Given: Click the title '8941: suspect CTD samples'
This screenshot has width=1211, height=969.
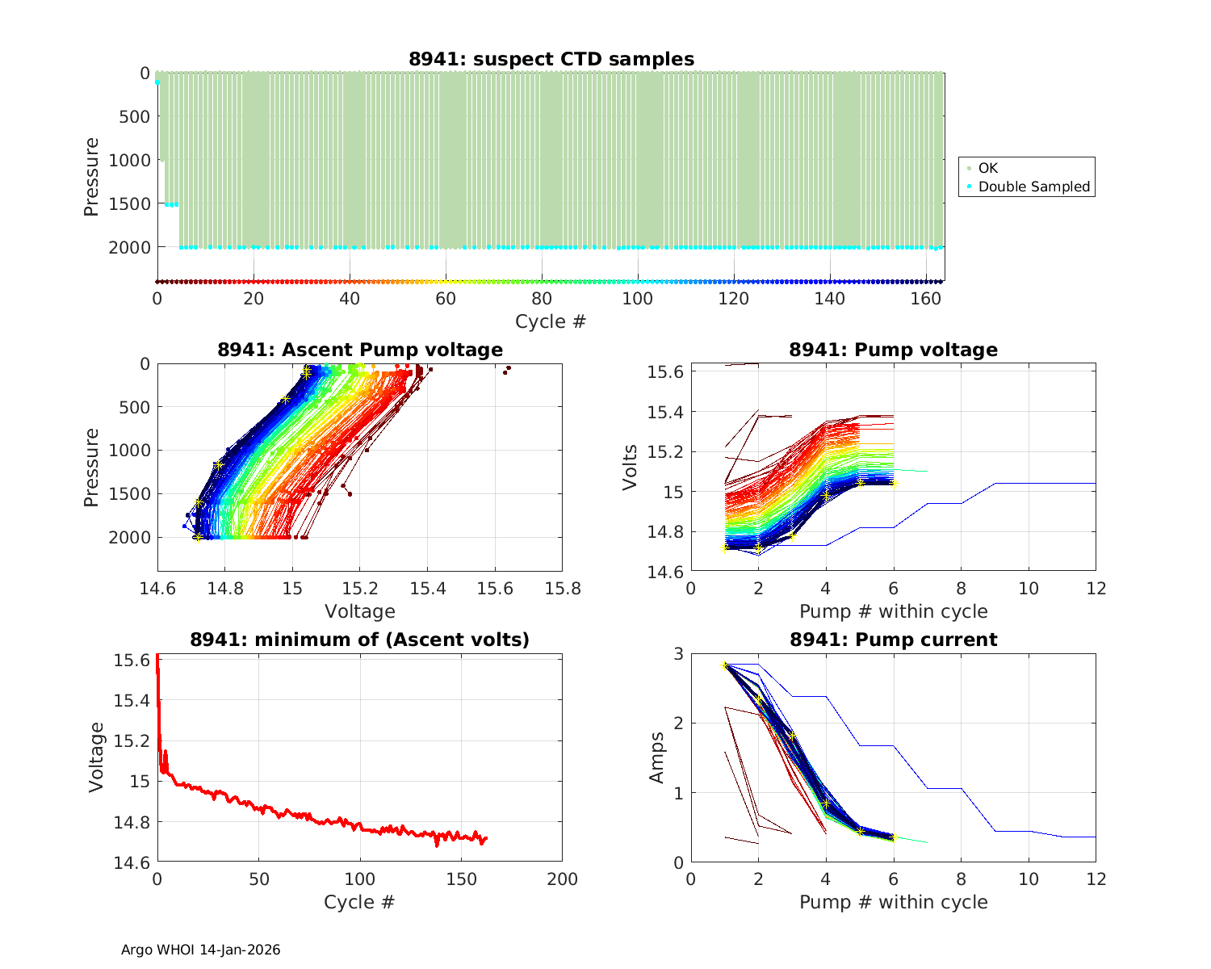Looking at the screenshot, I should (551, 59).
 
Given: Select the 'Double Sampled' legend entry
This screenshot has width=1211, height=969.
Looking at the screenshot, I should (1033, 187).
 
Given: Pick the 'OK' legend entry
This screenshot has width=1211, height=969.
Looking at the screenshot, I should (987, 168).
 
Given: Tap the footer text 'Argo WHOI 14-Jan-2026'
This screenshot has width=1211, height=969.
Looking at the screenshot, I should (200, 950).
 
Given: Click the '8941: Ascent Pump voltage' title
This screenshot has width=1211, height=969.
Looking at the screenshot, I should (359, 350).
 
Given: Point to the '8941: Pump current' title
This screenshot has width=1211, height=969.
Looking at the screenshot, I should (893, 640).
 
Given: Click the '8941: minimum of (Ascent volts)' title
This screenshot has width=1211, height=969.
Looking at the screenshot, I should (359, 640).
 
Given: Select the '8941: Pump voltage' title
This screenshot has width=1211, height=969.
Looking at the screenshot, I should (893, 350).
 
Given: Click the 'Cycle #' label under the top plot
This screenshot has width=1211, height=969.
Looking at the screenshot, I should (551, 321).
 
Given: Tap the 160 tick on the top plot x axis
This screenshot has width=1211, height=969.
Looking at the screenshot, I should (926, 299).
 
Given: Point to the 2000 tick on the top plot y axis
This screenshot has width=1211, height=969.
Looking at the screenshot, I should (129, 247).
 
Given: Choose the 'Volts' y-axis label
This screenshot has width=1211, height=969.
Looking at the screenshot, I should (631, 468).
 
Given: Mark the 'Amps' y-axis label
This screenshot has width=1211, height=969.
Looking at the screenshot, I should (657, 757).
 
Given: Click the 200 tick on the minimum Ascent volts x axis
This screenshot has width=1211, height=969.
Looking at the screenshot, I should (562, 879).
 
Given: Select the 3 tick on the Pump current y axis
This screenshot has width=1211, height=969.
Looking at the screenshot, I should (677, 653).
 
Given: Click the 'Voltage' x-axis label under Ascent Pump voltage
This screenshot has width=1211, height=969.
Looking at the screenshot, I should (359, 611).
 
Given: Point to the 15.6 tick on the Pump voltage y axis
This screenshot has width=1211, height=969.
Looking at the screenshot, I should (667, 372).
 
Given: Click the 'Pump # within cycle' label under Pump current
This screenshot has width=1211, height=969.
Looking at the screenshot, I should (893, 902).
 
